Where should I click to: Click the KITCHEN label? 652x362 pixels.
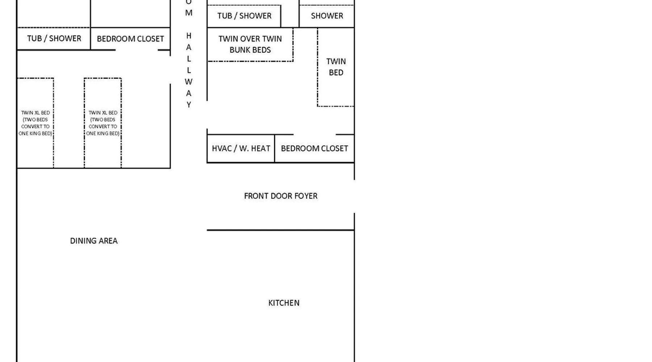284,303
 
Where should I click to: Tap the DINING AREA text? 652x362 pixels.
94,241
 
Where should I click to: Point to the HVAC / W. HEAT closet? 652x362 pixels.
241,148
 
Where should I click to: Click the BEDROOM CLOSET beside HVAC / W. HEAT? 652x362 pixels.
314,148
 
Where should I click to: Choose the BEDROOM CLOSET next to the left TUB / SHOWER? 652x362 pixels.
130,39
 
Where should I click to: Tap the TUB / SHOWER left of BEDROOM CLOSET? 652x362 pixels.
54,38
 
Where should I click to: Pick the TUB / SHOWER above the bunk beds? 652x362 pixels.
244,16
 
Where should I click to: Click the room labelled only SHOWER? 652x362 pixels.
327,16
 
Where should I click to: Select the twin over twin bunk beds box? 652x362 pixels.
250,44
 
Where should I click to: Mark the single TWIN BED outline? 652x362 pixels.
336,67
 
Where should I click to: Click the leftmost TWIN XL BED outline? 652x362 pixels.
35,123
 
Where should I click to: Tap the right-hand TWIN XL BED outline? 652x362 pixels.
103,123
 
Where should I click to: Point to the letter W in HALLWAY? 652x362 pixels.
188,82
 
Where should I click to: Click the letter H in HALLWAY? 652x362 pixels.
189,36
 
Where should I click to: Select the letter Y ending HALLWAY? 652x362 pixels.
189,105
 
